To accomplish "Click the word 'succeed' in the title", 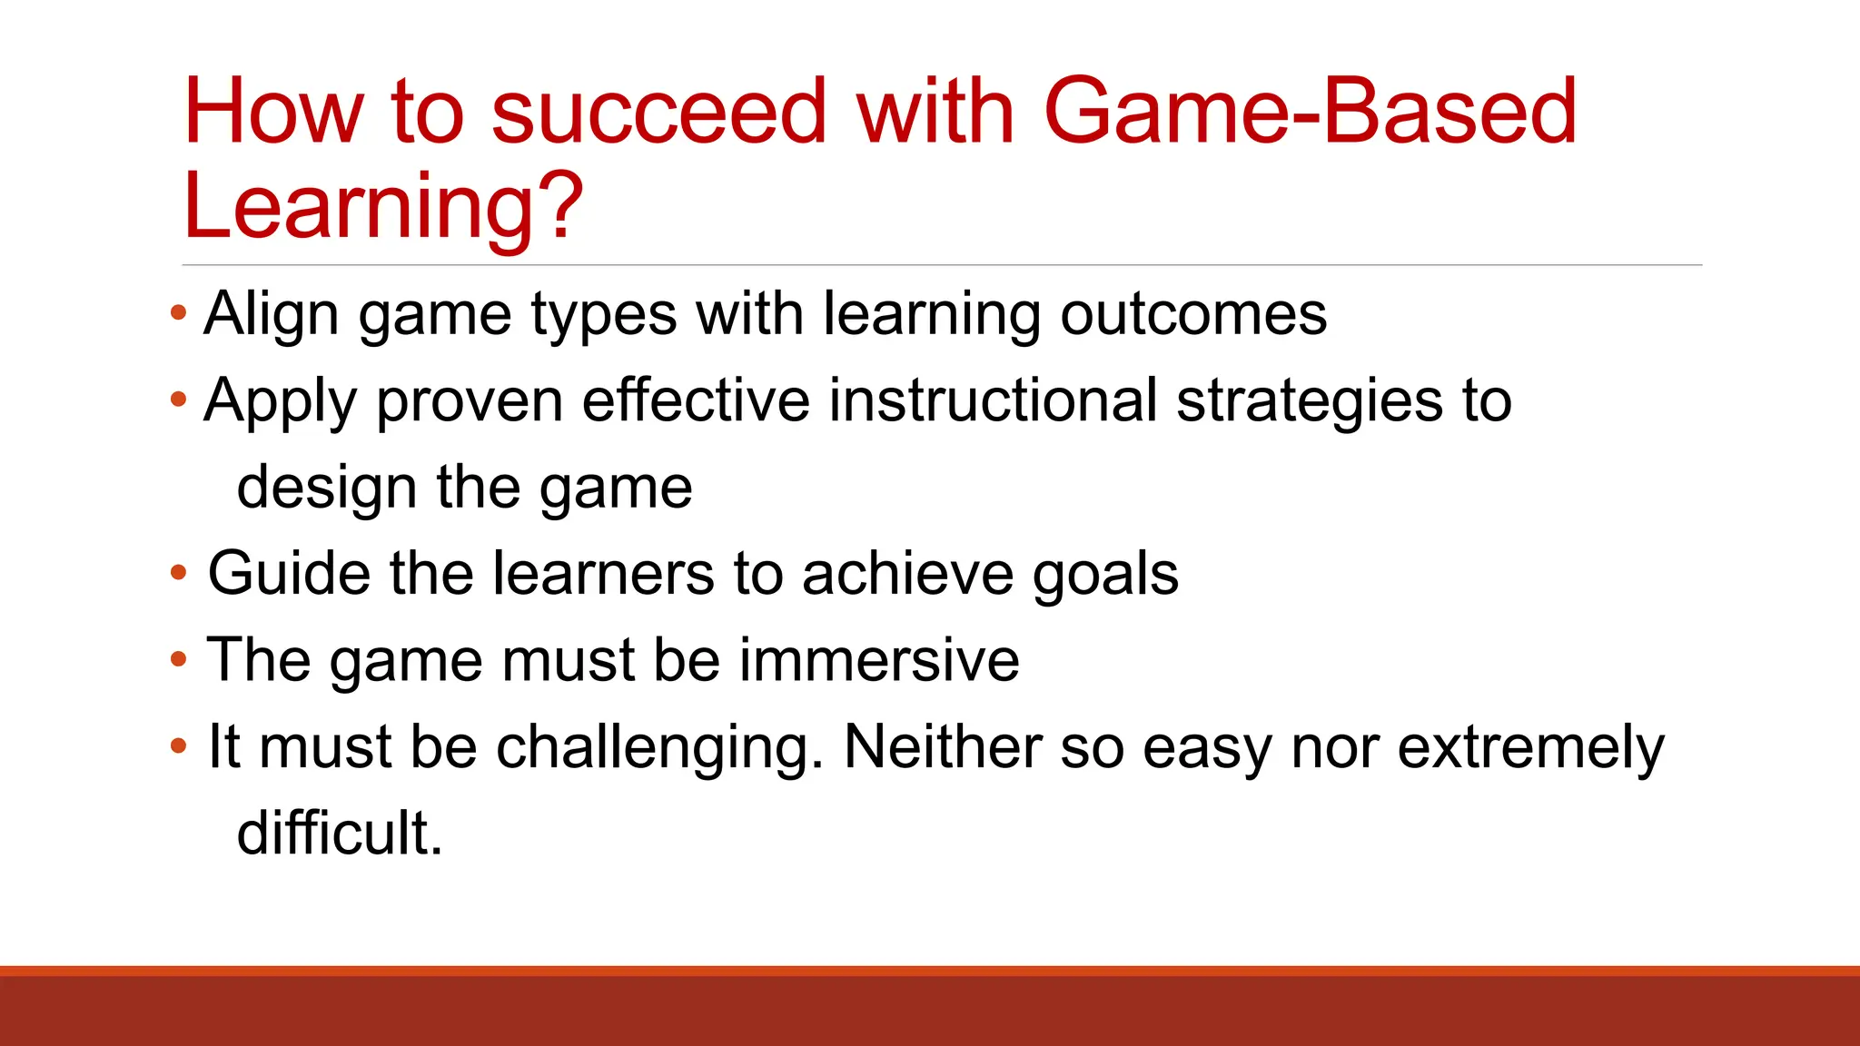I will pyautogui.click(x=658, y=112).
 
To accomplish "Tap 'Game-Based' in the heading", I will pyautogui.click(x=1310, y=112).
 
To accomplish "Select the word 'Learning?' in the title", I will pyautogui.click(x=382, y=207).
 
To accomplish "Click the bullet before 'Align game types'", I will pyautogui.click(x=178, y=314).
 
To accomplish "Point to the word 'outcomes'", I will pyautogui.click(x=1193, y=314).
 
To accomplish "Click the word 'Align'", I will pyautogui.click(x=272, y=314).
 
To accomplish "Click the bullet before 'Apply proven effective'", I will pyautogui.click(x=178, y=400).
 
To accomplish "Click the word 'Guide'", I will pyautogui.click(x=289, y=574).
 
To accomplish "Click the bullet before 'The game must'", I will pyautogui.click(x=178, y=660).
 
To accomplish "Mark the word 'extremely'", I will pyautogui.click(x=1530, y=747).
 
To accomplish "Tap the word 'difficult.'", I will pyautogui.click(x=339, y=834).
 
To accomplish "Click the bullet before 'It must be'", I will pyautogui.click(x=178, y=747).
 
